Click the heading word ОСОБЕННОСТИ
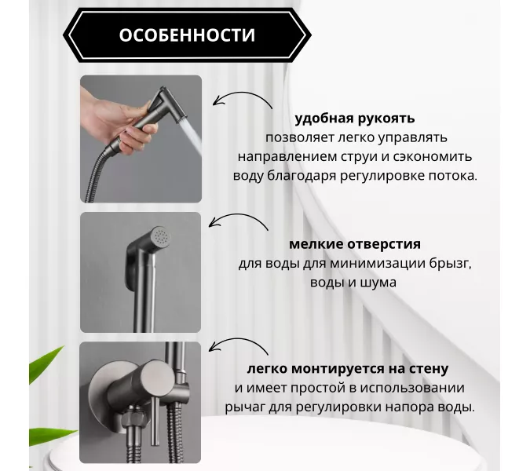(187, 35)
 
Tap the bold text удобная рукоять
(355, 119)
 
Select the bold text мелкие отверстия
(354, 244)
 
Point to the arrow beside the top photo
(243, 100)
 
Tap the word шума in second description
(379, 282)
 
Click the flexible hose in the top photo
(97, 177)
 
